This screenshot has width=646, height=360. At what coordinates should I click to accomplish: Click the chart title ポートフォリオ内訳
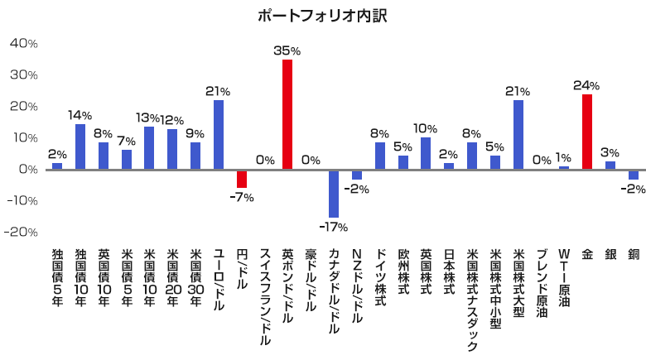pyautogui.click(x=323, y=16)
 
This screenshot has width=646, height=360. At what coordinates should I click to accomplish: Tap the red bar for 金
pyautogui.click(x=587, y=132)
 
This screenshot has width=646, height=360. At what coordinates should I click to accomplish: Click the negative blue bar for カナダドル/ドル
pyautogui.click(x=334, y=194)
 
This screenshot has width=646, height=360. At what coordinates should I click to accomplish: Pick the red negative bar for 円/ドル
pyautogui.click(x=242, y=179)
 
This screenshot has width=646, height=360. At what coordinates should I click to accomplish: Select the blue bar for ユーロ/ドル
pyautogui.click(x=219, y=135)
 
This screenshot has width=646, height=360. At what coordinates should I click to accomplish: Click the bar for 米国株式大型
pyautogui.click(x=518, y=135)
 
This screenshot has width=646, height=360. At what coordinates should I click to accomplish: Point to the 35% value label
pyautogui.click(x=287, y=50)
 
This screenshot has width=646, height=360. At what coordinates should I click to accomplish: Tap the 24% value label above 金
pyautogui.click(x=586, y=85)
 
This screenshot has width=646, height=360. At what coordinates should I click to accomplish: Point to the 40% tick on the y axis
pyautogui.click(x=23, y=44)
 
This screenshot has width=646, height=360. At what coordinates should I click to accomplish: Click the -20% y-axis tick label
pyautogui.click(x=22, y=233)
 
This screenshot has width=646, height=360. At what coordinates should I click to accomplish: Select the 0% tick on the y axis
pyautogui.click(x=27, y=170)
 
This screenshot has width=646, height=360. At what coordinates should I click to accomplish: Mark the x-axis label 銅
pyautogui.click(x=634, y=255)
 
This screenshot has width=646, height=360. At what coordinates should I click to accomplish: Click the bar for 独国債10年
pyautogui.click(x=80, y=146)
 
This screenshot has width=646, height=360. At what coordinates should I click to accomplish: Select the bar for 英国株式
pyautogui.click(x=426, y=153)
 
